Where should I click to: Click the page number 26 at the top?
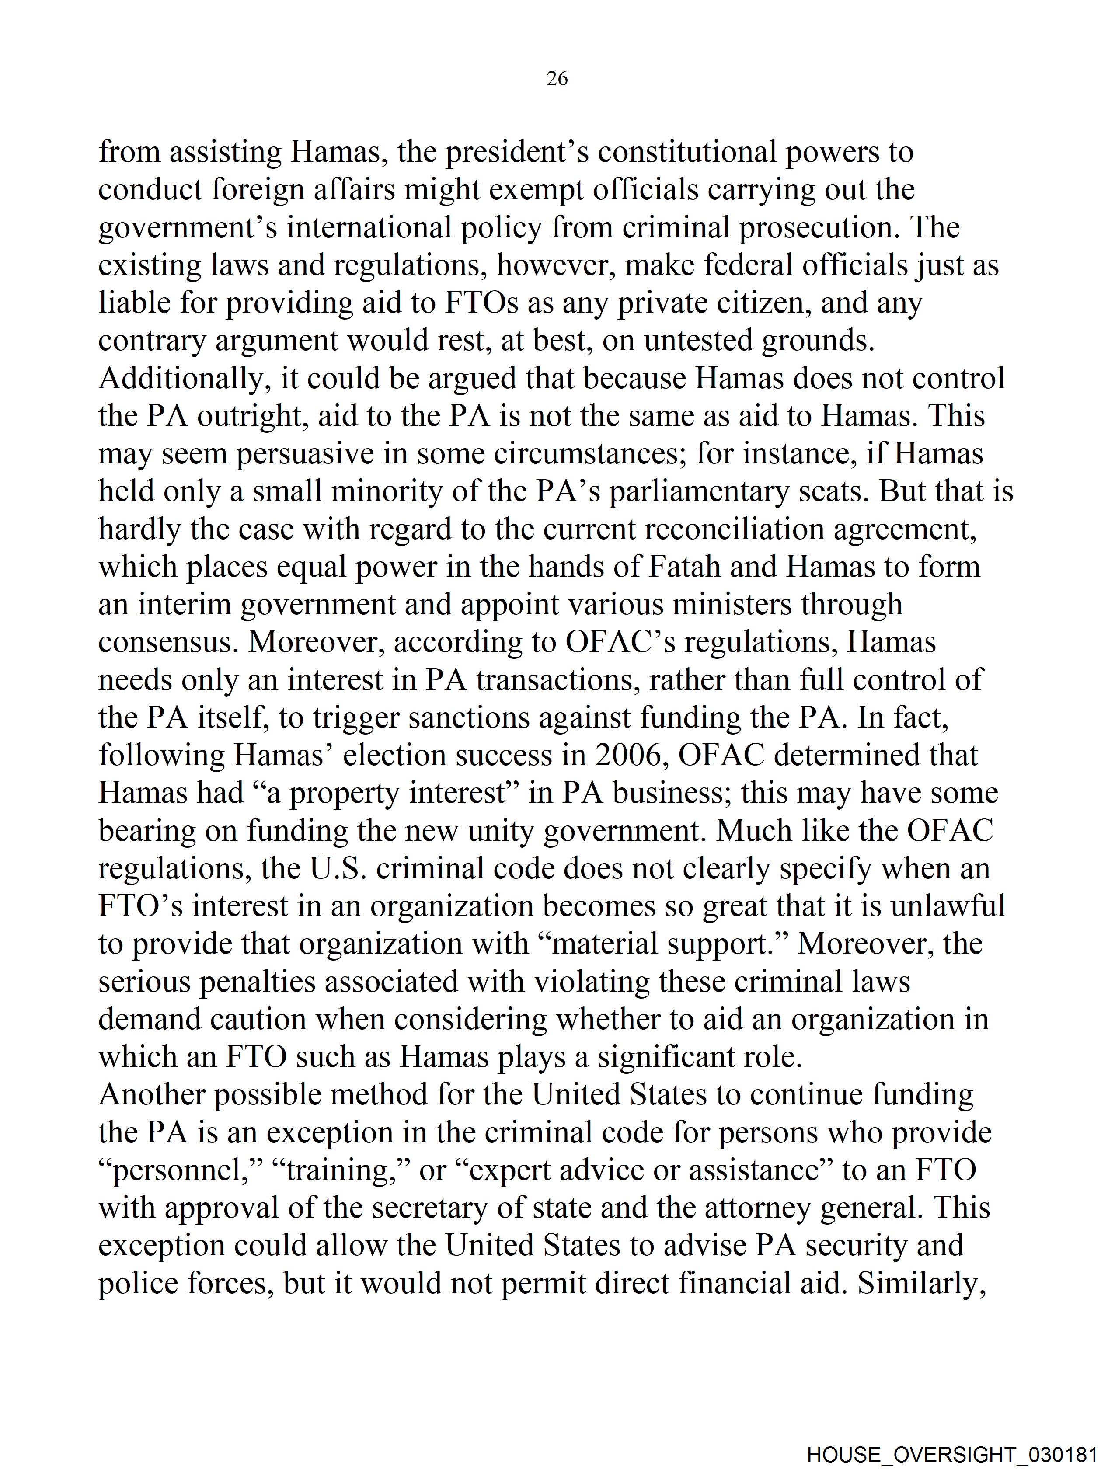[x=557, y=79]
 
